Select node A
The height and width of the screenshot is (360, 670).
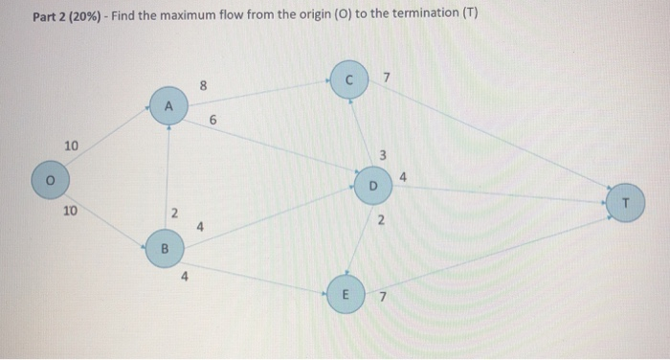168,105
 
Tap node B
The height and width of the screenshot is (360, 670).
163,250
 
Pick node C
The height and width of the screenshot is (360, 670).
350,79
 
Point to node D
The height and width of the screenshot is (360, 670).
373,183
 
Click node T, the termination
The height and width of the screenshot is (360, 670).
625,203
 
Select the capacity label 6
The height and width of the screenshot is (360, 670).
212,121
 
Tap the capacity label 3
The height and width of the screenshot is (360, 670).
382,154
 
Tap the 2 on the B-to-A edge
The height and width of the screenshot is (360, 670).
172,212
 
